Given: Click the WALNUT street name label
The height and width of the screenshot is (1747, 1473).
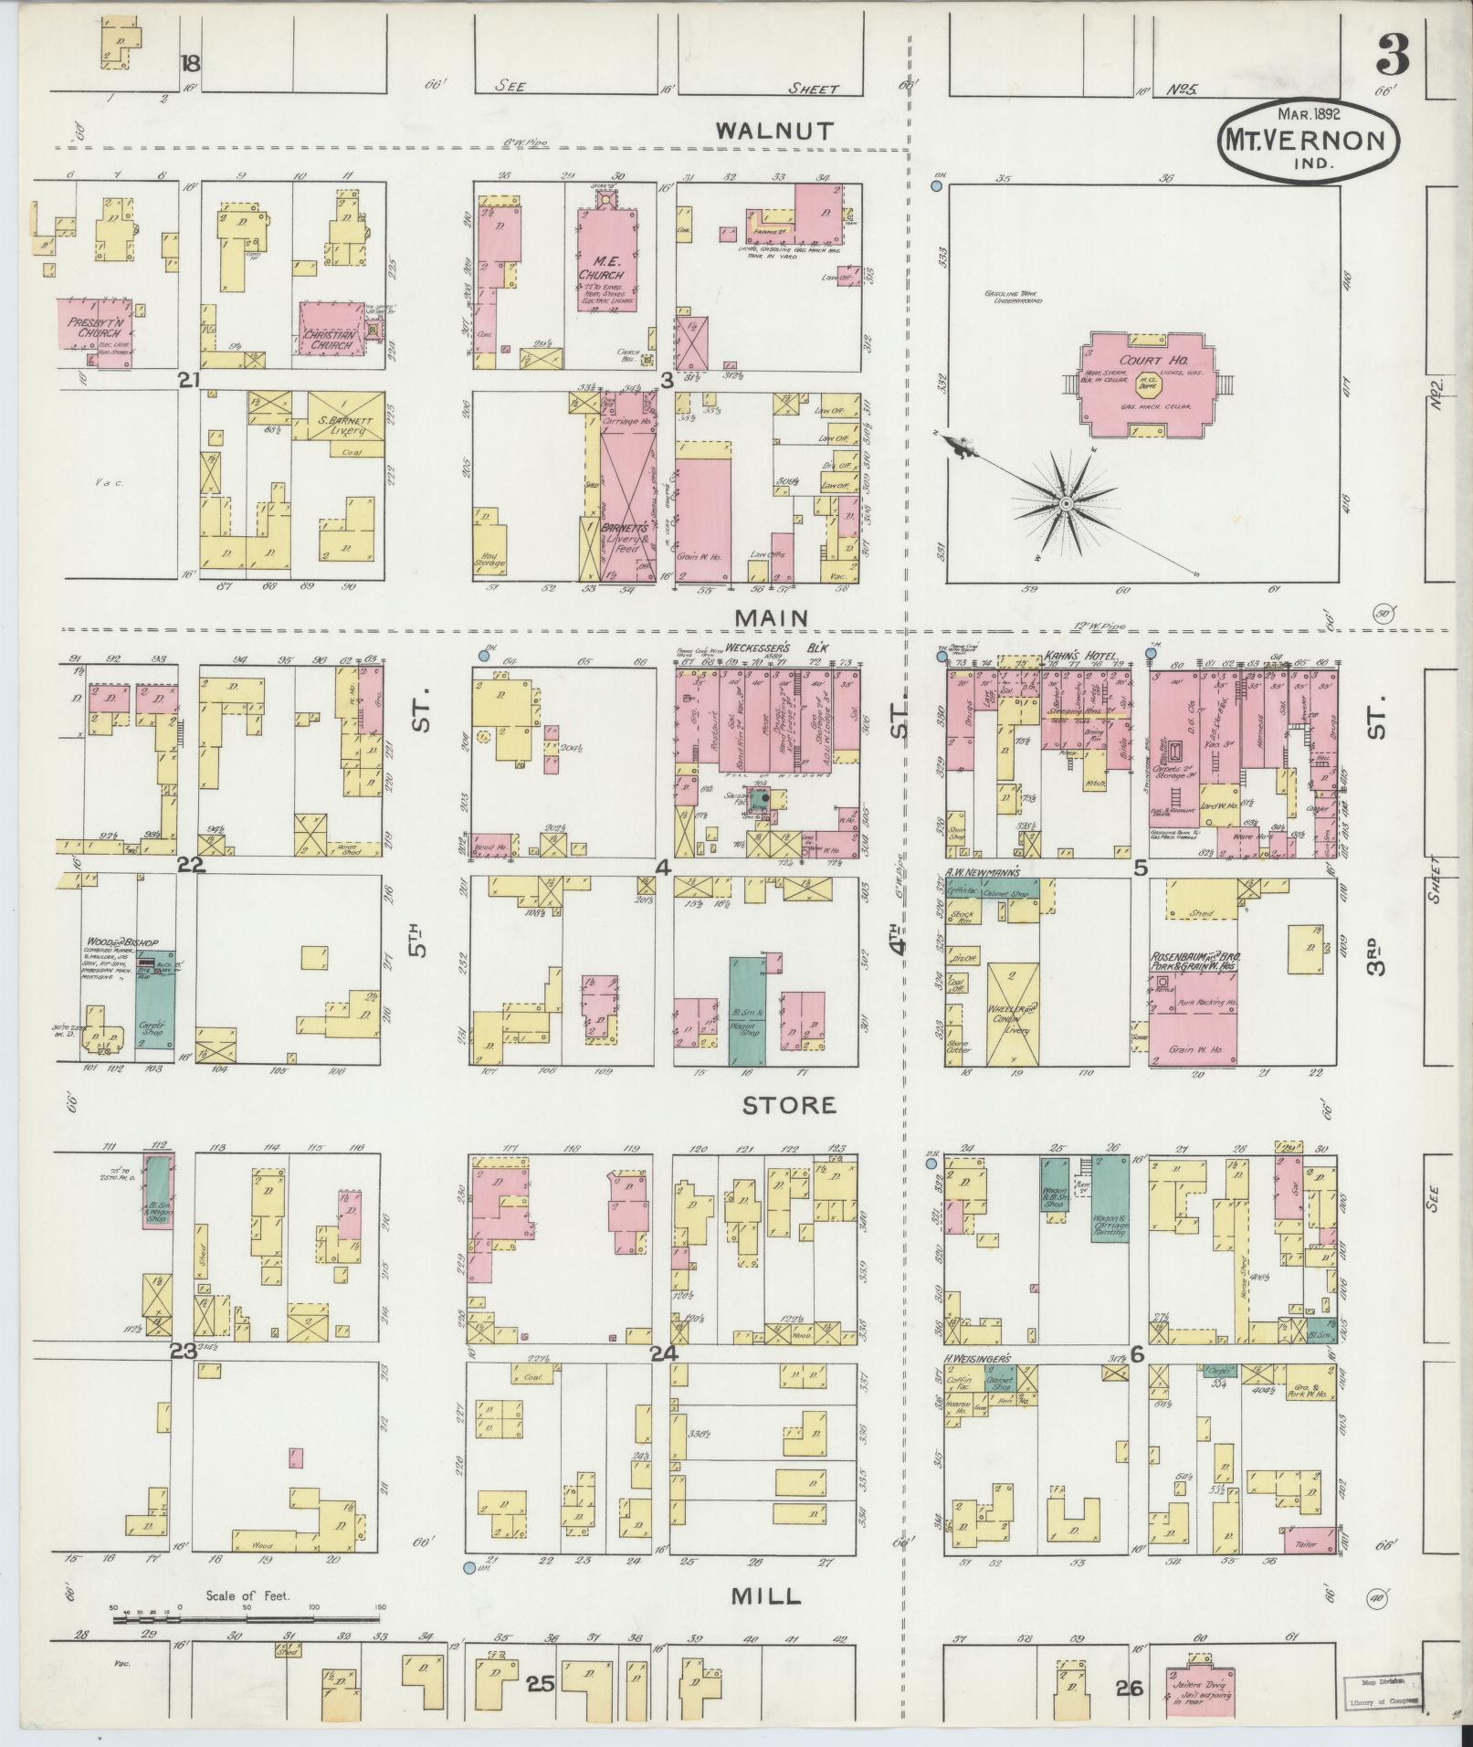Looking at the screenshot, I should (x=773, y=131).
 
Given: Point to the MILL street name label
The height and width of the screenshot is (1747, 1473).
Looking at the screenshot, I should (x=766, y=1595).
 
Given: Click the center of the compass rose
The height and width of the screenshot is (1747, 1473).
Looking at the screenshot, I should (x=1065, y=504).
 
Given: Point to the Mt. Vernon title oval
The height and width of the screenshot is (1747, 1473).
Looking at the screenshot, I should (x=1307, y=142).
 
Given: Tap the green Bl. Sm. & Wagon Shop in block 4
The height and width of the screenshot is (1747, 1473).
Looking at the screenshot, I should (x=748, y=1010).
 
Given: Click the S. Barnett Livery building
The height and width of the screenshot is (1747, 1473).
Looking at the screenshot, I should (x=345, y=416).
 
